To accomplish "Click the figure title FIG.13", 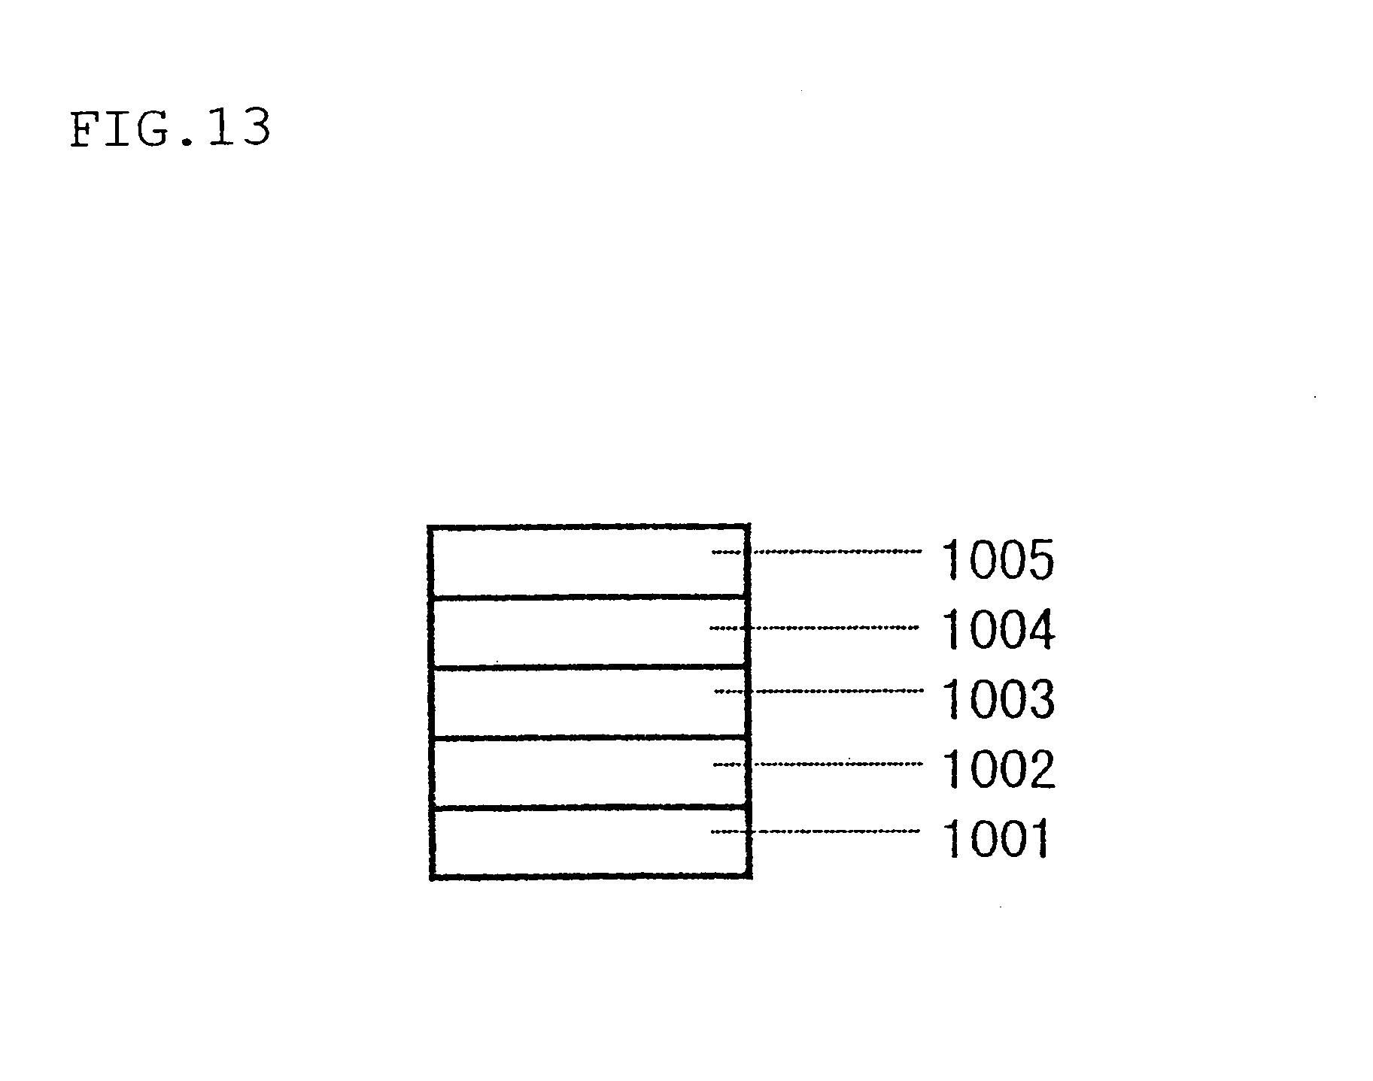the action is pyautogui.click(x=170, y=129).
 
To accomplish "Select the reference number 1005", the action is pyautogui.click(x=998, y=561).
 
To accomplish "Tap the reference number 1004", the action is pyautogui.click(x=998, y=630).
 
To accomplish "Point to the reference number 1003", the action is pyautogui.click(x=998, y=700).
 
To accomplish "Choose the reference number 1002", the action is pyautogui.click(x=998, y=770).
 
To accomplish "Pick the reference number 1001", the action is pyautogui.click(x=995, y=839).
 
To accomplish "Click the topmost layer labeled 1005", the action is pyautogui.click(x=572, y=562).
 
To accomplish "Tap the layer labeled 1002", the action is pyautogui.click(x=572, y=773).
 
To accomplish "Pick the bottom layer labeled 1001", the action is pyautogui.click(x=572, y=842).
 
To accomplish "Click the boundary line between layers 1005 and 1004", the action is pyautogui.click(x=587, y=598).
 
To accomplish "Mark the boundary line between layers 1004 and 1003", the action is pyautogui.click(x=587, y=667).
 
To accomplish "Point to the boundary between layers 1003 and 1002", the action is pyautogui.click(x=587, y=737).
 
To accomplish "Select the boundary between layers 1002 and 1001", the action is pyautogui.click(x=587, y=808).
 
